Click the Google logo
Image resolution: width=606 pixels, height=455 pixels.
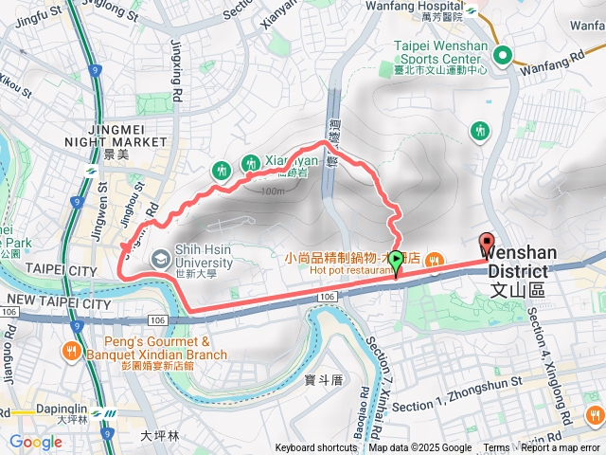[x=35, y=442]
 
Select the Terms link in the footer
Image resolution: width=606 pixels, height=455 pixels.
[x=496, y=448]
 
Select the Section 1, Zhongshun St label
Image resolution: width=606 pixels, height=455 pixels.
[x=457, y=406]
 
